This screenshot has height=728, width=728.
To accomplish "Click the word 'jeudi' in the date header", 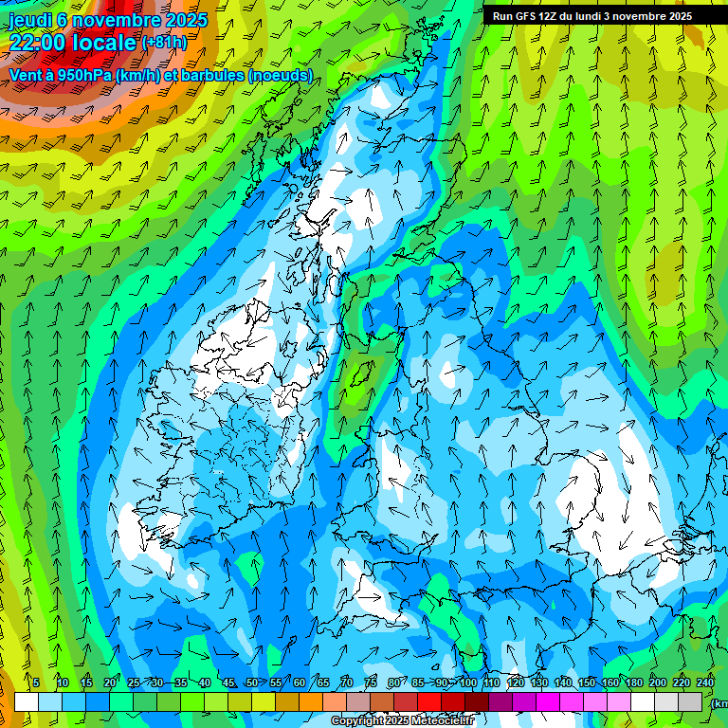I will (x=30, y=20).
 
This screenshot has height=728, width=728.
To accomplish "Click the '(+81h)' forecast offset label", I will (x=164, y=43).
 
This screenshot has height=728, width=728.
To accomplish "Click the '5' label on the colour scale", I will (x=36, y=682).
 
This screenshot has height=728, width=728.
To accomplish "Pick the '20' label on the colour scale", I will (x=110, y=682).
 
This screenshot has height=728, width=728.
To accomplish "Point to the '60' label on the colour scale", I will (x=300, y=682).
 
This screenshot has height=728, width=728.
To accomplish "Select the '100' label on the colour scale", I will (x=468, y=682).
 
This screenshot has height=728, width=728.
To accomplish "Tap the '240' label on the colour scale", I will (x=705, y=682).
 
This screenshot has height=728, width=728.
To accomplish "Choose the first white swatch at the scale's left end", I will (x=27, y=701).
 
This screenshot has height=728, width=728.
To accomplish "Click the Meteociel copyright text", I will (x=402, y=721).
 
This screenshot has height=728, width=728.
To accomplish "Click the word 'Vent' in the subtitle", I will (x=27, y=75).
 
